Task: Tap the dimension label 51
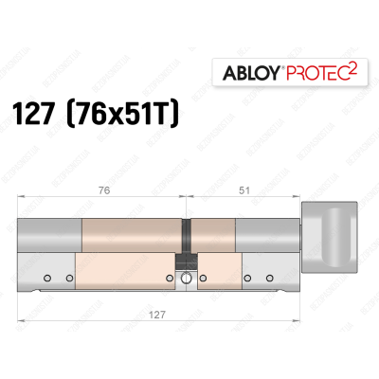pos(244,187)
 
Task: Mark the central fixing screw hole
pos(187,279)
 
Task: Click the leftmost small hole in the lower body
pos(54,278)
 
